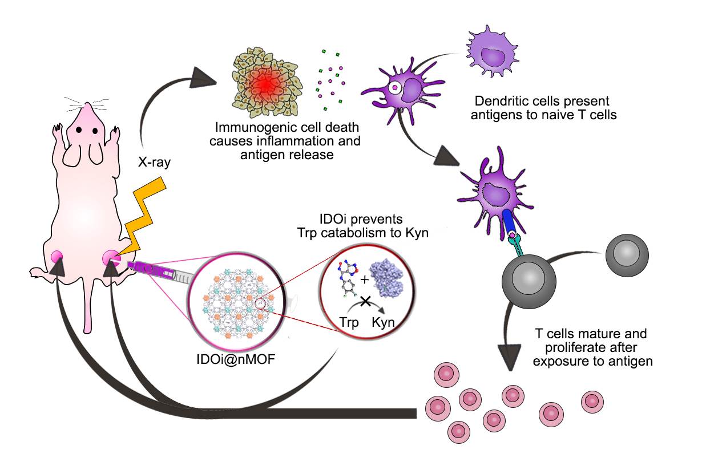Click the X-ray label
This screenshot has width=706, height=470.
click(154, 162)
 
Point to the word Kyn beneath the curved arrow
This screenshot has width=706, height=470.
click(383, 322)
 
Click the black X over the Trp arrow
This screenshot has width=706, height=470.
click(366, 301)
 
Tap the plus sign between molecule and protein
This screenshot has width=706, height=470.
click(365, 279)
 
